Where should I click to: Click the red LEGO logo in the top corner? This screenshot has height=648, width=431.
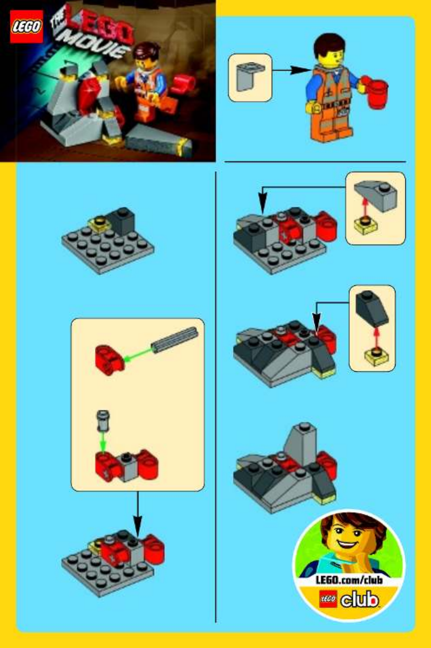[26, 26]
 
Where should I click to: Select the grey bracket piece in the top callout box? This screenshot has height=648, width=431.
[250, 77]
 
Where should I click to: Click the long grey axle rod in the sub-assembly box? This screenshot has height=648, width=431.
[175, 340]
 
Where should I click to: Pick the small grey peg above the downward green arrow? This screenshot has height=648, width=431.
[103, 420]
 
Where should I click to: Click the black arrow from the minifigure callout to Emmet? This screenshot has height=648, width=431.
[291, 70]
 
